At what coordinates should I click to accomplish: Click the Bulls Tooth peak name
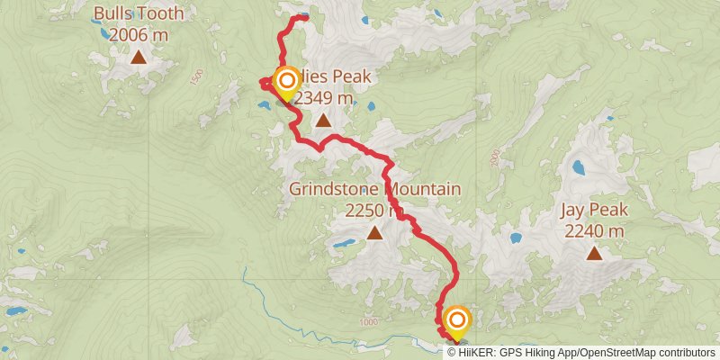(x=139, y=14)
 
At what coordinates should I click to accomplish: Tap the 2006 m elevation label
(x=139, y=35)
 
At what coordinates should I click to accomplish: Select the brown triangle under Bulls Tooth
(x=139, y=58)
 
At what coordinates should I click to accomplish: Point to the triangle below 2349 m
(x=323, y=120)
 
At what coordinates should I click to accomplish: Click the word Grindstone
(x=336, y=190)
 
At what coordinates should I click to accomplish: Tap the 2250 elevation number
(x=364, y=211)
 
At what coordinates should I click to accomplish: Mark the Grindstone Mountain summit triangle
(x=374, y=233)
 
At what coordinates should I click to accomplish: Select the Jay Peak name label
(x=593, y=211)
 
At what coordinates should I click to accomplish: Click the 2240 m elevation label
(x=594, y=231)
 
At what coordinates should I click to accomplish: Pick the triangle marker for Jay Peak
(x=594, y=253)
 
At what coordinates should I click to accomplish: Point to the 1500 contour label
(x=197, y=77)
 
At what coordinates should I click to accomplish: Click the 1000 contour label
(x=366, y=321)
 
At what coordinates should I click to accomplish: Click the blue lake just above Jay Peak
(x=577, y=167)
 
